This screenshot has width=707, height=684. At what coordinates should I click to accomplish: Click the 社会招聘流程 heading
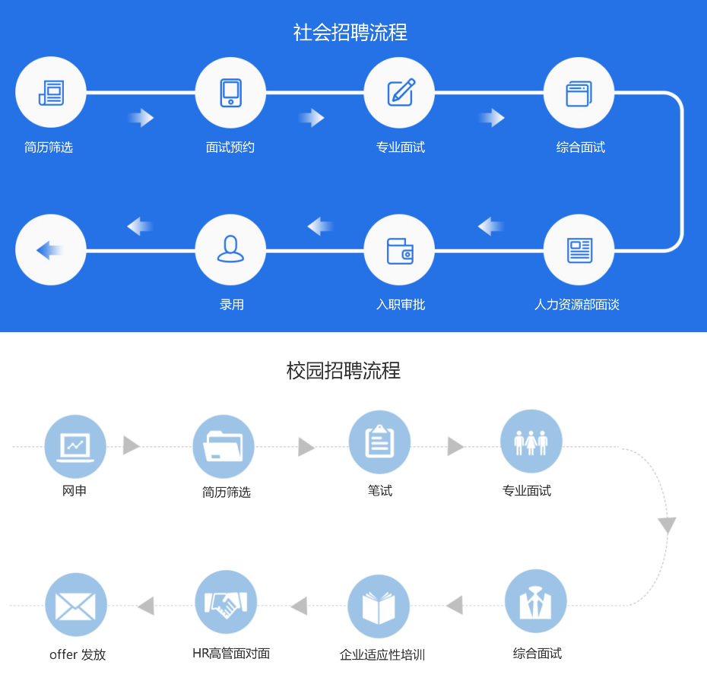(x=350, y=33)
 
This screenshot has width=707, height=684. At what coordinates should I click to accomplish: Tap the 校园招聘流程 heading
(x=344, y=371)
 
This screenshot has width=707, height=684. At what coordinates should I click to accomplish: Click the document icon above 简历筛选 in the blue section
(x=51, y=93)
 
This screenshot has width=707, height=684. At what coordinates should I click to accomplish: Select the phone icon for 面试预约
(x=230, y=93)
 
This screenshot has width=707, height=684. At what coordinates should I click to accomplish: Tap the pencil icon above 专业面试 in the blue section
(x=400, y=93)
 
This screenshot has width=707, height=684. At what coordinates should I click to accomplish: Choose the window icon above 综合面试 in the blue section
(x=579, y=93)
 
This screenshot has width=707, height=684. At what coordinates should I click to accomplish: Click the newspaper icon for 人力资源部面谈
(x=579, y=250)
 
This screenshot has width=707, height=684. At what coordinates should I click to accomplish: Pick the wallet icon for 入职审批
(x=400, y=250)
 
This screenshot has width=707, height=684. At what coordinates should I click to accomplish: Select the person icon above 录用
(x=230, y=250)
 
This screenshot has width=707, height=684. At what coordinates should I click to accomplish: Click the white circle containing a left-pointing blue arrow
(x=51, y=250)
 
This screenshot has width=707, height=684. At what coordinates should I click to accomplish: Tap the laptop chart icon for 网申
(x=75, y=446)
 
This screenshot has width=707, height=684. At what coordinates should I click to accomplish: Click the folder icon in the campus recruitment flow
(x=224, y=446)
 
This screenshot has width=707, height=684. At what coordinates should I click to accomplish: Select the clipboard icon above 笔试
(x=379, y=442)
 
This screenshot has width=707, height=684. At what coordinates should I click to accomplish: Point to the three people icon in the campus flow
(x=531, y=442)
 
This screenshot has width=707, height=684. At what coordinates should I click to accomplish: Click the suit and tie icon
(x=536, y=600)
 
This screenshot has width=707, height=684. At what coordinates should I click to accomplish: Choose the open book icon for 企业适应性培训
(x=379, y=606)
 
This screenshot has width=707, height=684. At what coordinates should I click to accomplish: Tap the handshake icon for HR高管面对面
(x=226, y=602)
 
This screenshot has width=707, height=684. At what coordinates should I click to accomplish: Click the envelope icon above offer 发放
(x=75, y=604)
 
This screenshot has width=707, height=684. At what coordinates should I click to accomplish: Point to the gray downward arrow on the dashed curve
(x=667, y=525)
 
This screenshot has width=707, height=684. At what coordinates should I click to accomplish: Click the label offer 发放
(x=78, y=654)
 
